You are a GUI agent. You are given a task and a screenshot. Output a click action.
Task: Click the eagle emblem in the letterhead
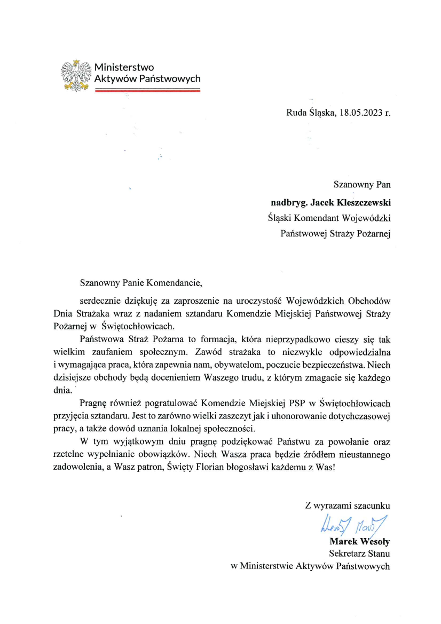77,75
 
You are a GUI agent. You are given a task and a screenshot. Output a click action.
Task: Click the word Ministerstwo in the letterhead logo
124,67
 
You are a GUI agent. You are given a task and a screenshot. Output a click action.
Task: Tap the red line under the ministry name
147,90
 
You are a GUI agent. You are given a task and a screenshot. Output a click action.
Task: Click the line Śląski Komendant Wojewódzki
329,217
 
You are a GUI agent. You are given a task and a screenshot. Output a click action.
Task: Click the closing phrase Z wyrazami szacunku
348,504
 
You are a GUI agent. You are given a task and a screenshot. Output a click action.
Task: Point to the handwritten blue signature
353,526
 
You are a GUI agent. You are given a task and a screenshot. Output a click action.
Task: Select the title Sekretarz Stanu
359,554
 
